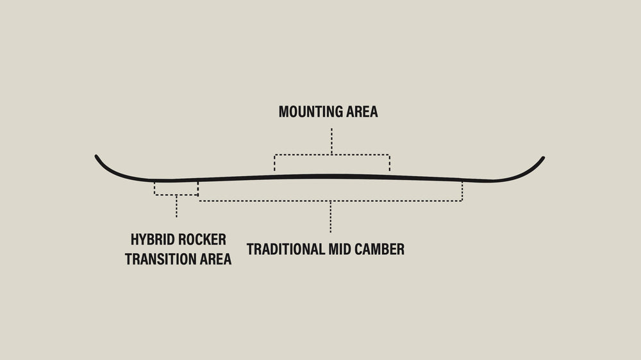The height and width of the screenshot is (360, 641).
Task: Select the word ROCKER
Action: pyautogui.click(x=203, y=240)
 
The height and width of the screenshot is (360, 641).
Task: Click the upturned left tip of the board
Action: pyautogui.click(x=97, y=158)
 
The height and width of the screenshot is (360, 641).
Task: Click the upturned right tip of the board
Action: pyautogui.click(x=542, y=159)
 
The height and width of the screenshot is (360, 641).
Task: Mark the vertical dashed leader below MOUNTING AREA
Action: pyautogui.click(x=331, y=141)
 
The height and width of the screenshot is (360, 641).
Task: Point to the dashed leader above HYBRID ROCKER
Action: pyautogui.click(x=176, y=206)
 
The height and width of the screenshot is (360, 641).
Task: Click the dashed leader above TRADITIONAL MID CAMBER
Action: pyautogui.click(x=330, y=217)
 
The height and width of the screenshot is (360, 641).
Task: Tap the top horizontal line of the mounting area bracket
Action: pyautogui.click(x=331, y=154)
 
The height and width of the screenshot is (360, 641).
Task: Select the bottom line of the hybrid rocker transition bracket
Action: pyautogui.click(x=176, y=195)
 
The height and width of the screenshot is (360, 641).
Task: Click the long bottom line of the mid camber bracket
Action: pyautogui.click(x=330, y=201)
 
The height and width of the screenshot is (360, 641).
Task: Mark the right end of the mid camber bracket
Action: pyautogui.click(x=462, y=191)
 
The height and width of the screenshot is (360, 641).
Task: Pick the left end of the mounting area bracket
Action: pyautogui.click(x=274, y=163)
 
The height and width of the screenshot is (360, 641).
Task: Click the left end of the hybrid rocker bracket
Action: pyautogui.click(x=154, y=188)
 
